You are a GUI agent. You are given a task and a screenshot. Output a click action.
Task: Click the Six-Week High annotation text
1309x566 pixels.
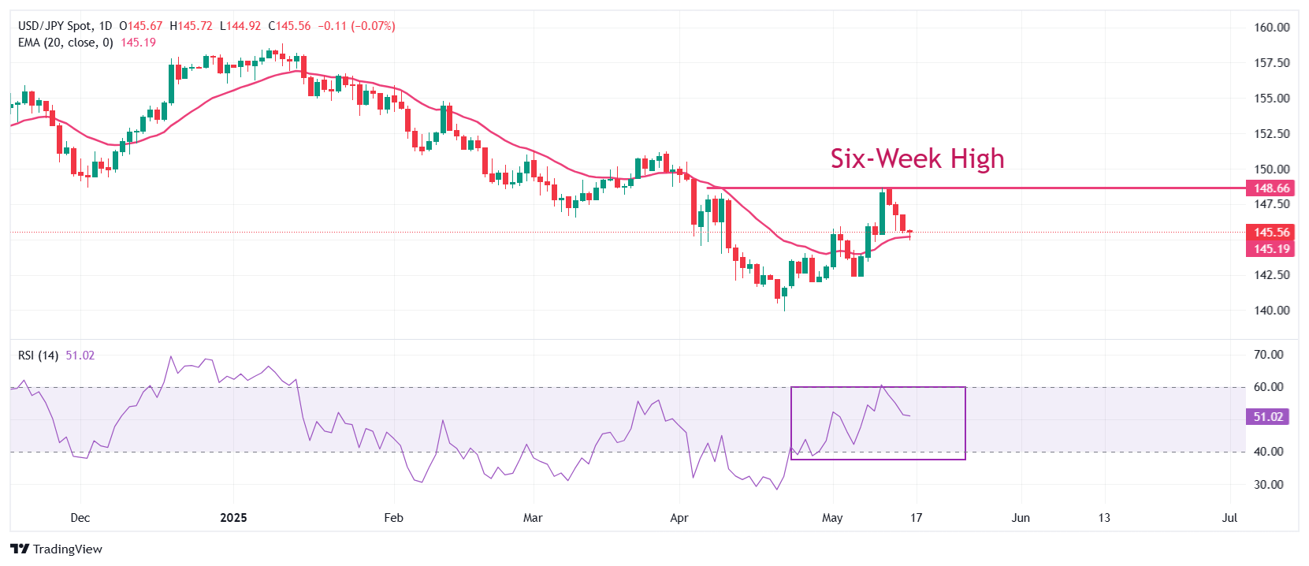click(917, 158)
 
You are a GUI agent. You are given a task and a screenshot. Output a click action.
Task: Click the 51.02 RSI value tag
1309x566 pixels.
click(1268, 417)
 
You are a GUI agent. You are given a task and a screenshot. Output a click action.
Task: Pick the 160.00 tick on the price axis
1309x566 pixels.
click(1271, 28)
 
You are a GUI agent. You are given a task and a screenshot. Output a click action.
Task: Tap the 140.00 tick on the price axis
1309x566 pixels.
click(1271, 311)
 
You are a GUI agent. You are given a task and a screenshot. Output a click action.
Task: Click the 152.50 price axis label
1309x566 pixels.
click(1271, 134)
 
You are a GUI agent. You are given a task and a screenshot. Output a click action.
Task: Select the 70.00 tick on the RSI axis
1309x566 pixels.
click(1268, 355)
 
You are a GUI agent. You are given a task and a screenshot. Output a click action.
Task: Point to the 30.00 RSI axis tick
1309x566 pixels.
click(1268, 485)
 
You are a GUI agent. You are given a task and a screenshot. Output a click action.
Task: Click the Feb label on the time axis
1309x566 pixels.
click(393, 518)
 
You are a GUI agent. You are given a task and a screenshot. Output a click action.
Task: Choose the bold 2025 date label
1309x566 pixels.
click(233, 518)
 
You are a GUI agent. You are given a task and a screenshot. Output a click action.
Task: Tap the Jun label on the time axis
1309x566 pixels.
click(1021, 518)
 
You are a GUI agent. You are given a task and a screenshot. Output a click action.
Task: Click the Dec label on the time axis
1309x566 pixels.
click(80, 518)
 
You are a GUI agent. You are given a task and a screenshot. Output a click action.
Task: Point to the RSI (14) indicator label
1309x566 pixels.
click(38, 356)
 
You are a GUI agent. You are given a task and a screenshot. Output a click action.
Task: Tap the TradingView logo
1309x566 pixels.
click(57, 549)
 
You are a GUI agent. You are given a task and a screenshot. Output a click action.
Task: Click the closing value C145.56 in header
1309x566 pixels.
click(289, 26)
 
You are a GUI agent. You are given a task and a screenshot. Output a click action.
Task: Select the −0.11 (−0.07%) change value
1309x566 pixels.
click(356, 26)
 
